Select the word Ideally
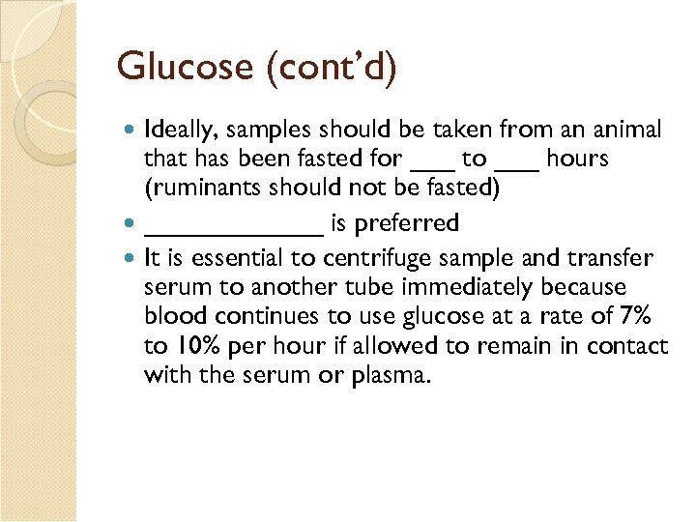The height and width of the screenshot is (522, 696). pos(176,130)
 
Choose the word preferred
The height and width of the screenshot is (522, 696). pos(406,224)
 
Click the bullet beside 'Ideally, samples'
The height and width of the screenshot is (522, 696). pos(131,130)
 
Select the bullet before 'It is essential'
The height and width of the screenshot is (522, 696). pos(131,259)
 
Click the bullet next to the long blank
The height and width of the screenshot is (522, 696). pos(131,224)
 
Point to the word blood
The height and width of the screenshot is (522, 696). pos(172,317)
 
